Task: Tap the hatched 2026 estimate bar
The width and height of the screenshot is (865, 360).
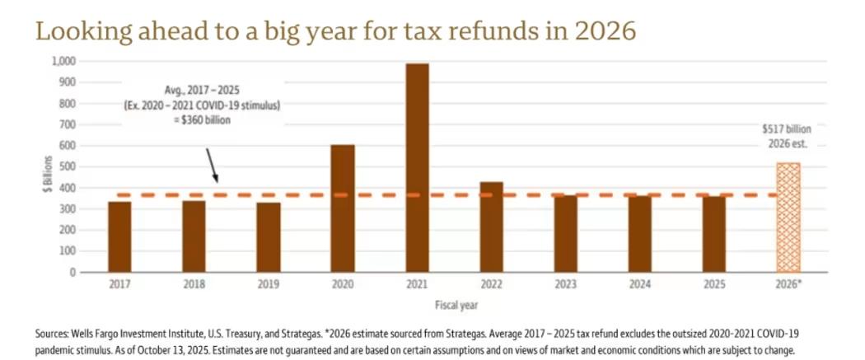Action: point(788,217)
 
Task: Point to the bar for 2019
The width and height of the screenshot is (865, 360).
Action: point(268,237)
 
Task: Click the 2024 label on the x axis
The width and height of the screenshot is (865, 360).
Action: point(639,284)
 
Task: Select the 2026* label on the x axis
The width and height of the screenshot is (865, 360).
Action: point(789,284)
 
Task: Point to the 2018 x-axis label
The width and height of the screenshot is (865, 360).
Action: point(194,284)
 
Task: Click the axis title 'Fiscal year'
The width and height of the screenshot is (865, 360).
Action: point(453,304)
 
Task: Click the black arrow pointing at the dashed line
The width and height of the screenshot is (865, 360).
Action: point(212,165)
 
